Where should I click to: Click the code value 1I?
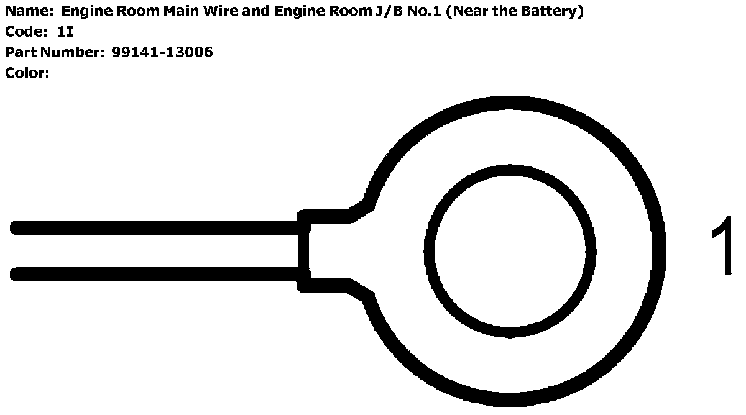(x=65, y=32)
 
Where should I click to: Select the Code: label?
(x=27, y=32)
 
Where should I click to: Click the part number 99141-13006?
(x=162, y=53)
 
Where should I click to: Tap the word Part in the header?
(x=21, y=53)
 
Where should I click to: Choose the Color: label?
(x=27, y=73)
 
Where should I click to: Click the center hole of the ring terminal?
(x=510, y=251)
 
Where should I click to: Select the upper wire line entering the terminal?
(x=155, y=228)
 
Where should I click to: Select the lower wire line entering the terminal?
(x=155, y=274)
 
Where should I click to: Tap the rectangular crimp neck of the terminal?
(x=326, y=251)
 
